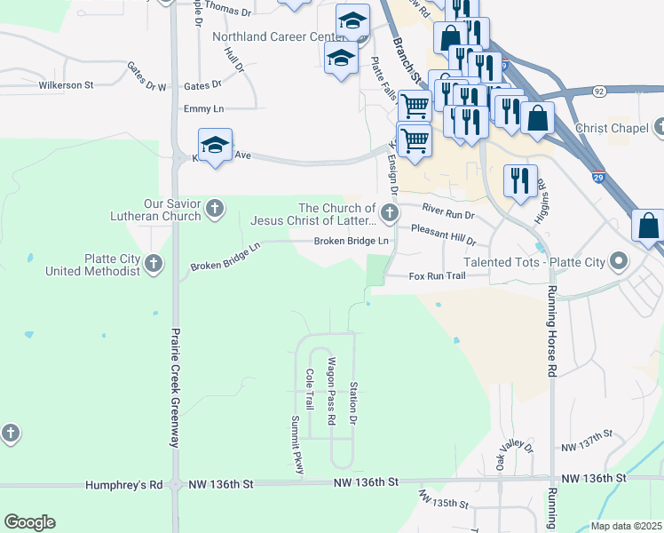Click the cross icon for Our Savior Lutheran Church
pos(214,210)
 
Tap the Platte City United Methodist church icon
pos(154,264)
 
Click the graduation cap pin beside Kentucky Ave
pos(215,146)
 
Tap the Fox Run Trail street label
pos(437,276)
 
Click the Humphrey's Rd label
pos(124,485)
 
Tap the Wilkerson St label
pos(66,85)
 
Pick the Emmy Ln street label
pos(203,108)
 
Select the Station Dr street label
pos(353,402)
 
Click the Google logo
pos(29,522)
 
